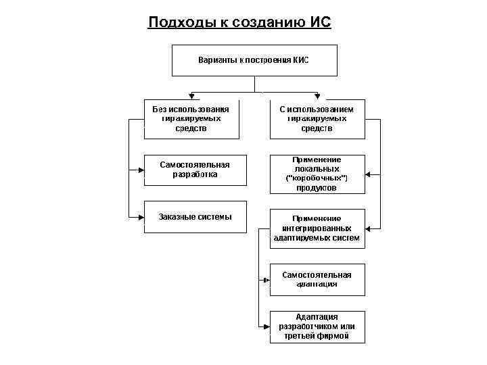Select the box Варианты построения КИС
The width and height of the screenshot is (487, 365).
(254, 60)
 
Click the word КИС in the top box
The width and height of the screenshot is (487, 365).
(300, 60)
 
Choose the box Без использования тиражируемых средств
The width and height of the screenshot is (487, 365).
(191, 119)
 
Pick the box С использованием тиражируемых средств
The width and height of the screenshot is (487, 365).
(317, 119)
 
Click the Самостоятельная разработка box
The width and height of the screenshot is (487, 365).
(195, 170)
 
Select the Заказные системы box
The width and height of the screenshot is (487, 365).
(195, 217)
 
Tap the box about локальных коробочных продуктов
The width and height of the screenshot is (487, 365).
(317, 174)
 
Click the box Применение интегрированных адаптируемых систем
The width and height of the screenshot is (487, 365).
(317, 228)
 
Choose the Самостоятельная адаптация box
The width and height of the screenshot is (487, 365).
(317, 279)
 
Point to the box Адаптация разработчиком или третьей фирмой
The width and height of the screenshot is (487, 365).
(317, 326)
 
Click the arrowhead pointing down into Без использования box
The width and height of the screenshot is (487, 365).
(191, 96)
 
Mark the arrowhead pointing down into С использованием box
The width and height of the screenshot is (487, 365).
(317, 96)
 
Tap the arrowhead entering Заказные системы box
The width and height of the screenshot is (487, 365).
(141, 217)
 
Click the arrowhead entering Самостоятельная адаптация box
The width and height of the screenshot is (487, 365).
(266, 279)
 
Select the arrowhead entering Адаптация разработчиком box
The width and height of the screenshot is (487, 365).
(266, 327)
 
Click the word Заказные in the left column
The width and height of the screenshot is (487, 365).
(175, 217)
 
